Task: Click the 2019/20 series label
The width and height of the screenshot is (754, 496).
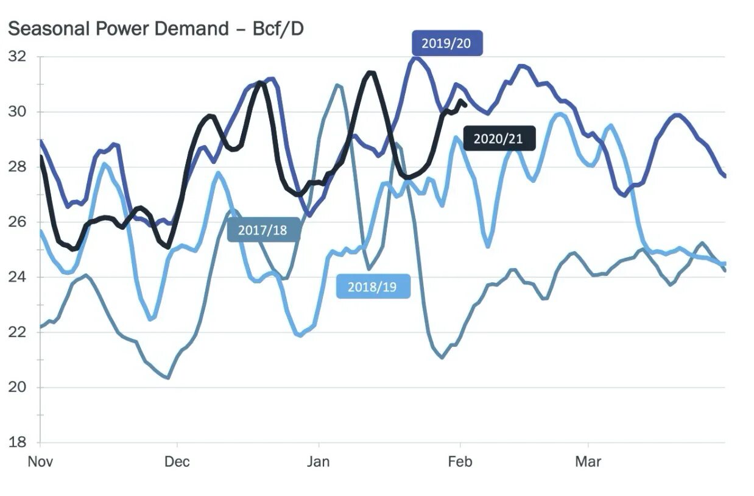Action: click(447, 43)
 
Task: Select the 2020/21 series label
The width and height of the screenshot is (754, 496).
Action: click(498, 138)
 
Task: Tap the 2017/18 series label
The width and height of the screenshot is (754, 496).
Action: click(262, 230)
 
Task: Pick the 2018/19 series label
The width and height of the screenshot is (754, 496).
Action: click(372, 286)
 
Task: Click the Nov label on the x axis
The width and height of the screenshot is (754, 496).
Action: click(40, 462)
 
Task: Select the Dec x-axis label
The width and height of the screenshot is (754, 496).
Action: click(177, 462)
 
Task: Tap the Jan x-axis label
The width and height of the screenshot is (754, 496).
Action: click(318, 462)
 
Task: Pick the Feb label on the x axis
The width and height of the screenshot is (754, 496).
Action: click(459, 462)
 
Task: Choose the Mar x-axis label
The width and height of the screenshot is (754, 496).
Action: click(588, 462)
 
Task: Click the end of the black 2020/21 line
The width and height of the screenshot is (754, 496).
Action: click(465, 105)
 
